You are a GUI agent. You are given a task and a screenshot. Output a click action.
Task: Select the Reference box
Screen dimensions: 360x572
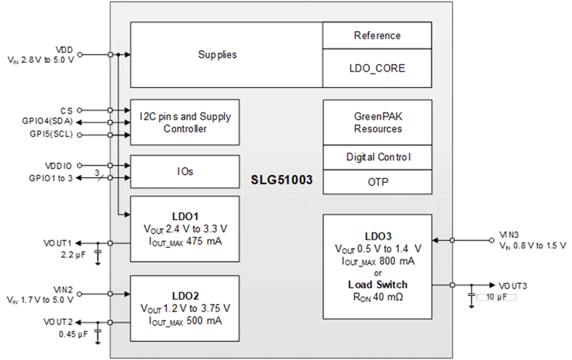(377, 35)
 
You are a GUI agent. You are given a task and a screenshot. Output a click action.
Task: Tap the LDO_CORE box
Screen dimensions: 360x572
(377, 68)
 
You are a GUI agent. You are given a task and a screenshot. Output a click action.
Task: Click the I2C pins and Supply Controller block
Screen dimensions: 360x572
(184, 122)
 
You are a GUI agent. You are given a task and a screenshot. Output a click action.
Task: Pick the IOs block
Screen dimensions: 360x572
(184, 172)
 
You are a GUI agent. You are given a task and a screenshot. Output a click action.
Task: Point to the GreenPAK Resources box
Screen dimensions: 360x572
(378, 122)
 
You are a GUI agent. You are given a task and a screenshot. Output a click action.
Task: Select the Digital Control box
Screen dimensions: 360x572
(378, 157)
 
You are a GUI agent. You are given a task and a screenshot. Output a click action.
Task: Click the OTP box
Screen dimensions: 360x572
(378, 182)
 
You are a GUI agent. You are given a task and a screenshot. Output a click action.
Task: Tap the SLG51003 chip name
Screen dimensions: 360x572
(282, 180)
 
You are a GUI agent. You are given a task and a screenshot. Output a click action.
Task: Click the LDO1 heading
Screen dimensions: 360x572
(185, 216)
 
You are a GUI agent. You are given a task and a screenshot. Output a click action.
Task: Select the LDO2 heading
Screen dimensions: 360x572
(185, 295)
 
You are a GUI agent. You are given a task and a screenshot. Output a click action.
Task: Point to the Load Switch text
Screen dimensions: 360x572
(378, 285)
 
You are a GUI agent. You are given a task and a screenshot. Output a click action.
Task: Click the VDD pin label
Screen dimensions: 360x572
(65, 49)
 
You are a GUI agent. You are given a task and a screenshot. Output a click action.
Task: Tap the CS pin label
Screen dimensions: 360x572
(66, 110)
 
